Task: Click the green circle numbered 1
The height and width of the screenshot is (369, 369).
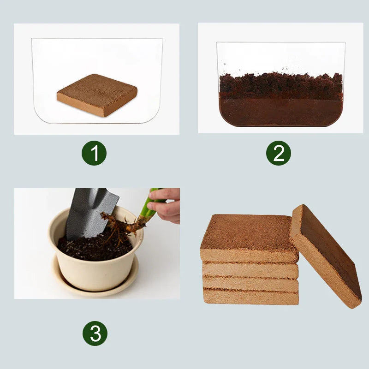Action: pos(94,154)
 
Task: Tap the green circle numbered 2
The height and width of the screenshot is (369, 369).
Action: pos(279,153)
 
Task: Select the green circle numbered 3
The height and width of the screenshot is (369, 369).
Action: pos(95,333)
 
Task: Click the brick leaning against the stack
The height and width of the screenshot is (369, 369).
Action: pos(325,256)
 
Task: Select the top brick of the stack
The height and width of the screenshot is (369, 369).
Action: pos(247,238)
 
